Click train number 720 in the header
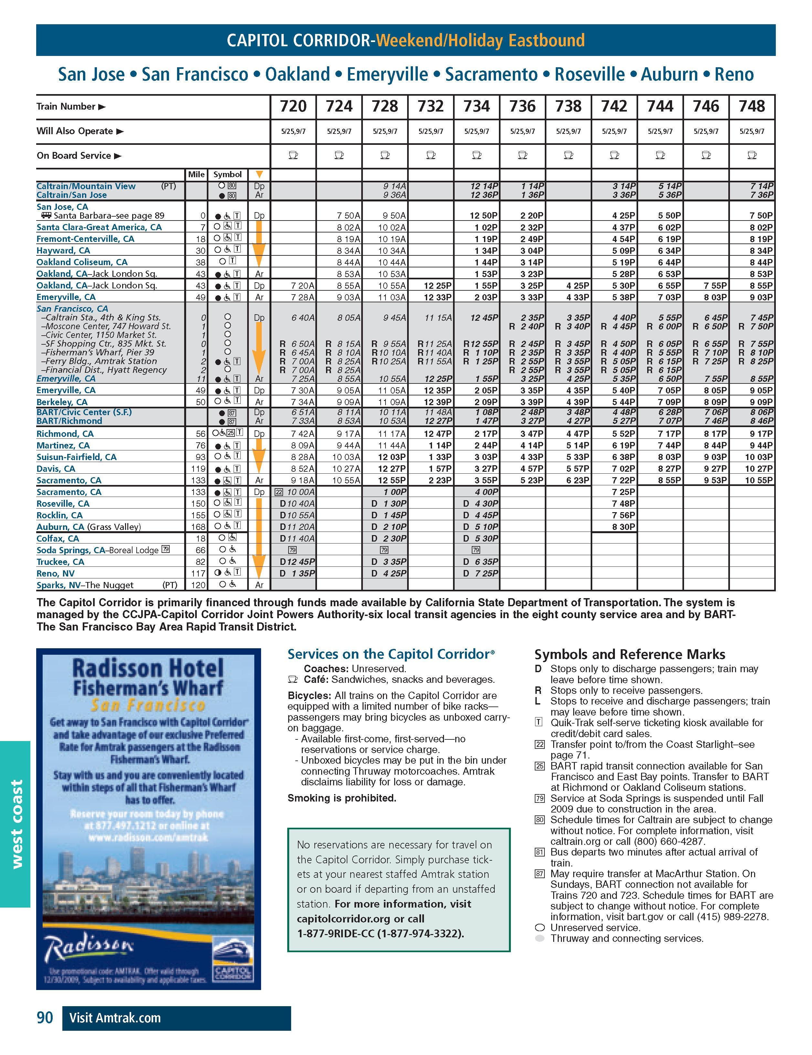point(293,106)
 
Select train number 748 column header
point(752,106)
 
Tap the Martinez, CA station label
point(63,446)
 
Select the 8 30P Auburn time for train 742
point(623,527)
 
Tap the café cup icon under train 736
point(522,156)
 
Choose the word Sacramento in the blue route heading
point(491,74)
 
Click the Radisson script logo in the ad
point(89,949)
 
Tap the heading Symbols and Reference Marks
point(629,654)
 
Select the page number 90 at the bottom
point(45,1018)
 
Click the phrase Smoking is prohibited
point(342,798)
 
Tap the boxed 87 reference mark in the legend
point(540,873)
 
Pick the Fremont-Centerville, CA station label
point(85,239)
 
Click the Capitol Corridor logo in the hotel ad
point(233,965)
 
